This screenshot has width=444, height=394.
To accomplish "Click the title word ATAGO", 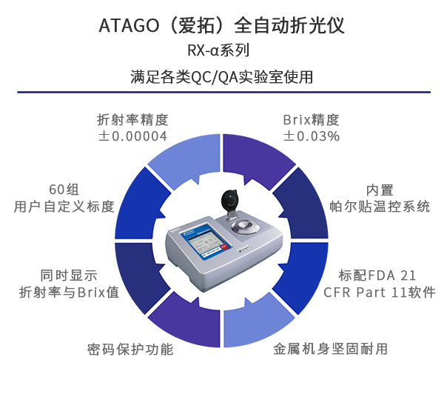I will [x=124, y=25].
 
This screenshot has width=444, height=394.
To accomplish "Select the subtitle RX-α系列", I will [x=222, y=51].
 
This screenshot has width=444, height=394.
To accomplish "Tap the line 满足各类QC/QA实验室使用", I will [x=222, y=76].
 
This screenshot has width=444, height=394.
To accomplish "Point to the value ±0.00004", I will [x=132, y=136].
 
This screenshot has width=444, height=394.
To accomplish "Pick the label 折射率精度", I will [x=132, y=119].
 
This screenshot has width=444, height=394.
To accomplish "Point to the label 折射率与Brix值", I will [x=69, y=291].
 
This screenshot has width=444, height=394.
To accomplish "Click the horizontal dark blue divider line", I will [x=222, y=93].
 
